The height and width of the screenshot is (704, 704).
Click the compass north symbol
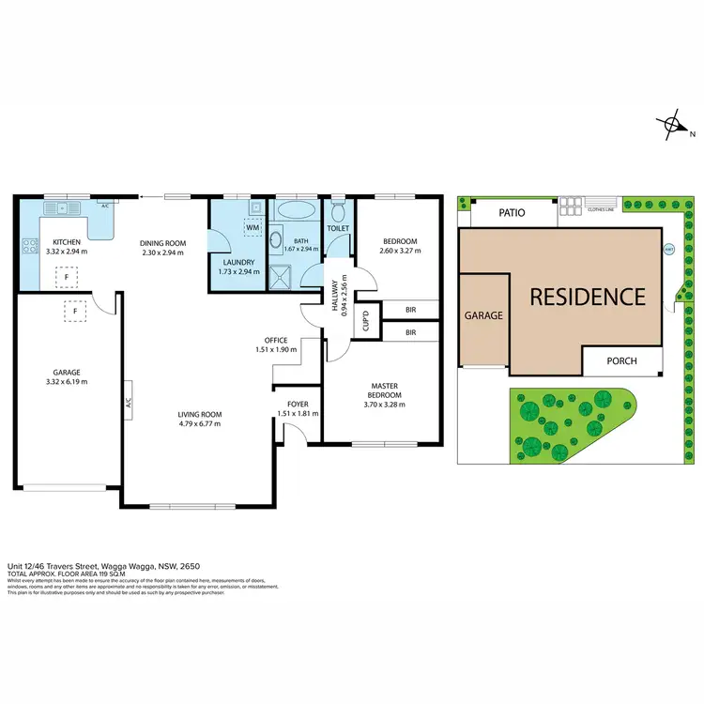[x=673, y=125]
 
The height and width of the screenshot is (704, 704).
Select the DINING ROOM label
[x=164, y=243]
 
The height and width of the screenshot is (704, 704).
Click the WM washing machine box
[x=252, y=227]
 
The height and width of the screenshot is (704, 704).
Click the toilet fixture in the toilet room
[x=338, y=202]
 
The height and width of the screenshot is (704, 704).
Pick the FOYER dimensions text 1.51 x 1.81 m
[x=297, y=414]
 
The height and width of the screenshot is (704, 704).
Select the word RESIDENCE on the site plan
[x=588, y=298]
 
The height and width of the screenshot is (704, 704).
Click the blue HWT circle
[x=669, y=250]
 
